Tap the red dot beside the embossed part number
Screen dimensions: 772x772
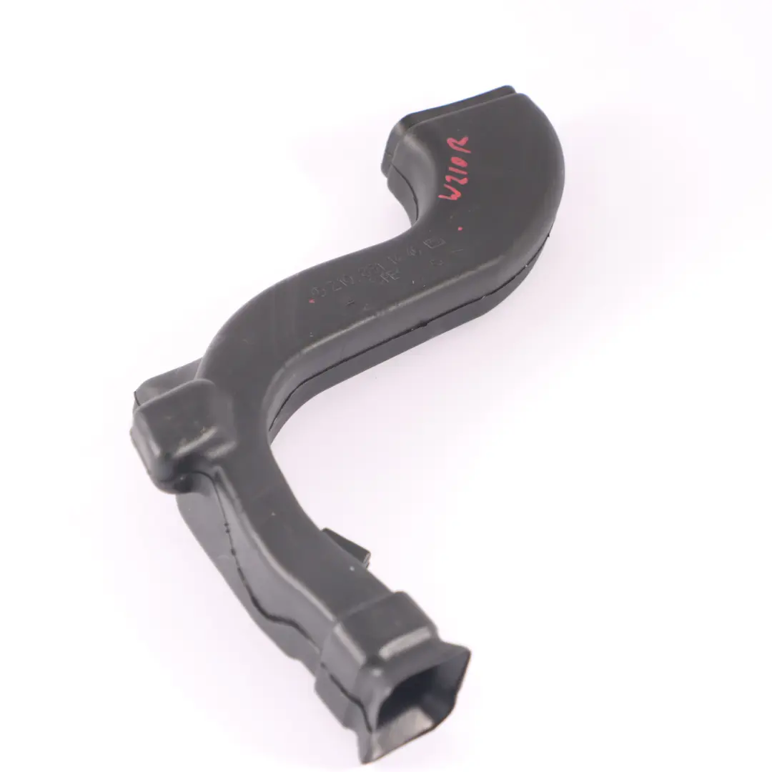(x=312, y=301)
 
